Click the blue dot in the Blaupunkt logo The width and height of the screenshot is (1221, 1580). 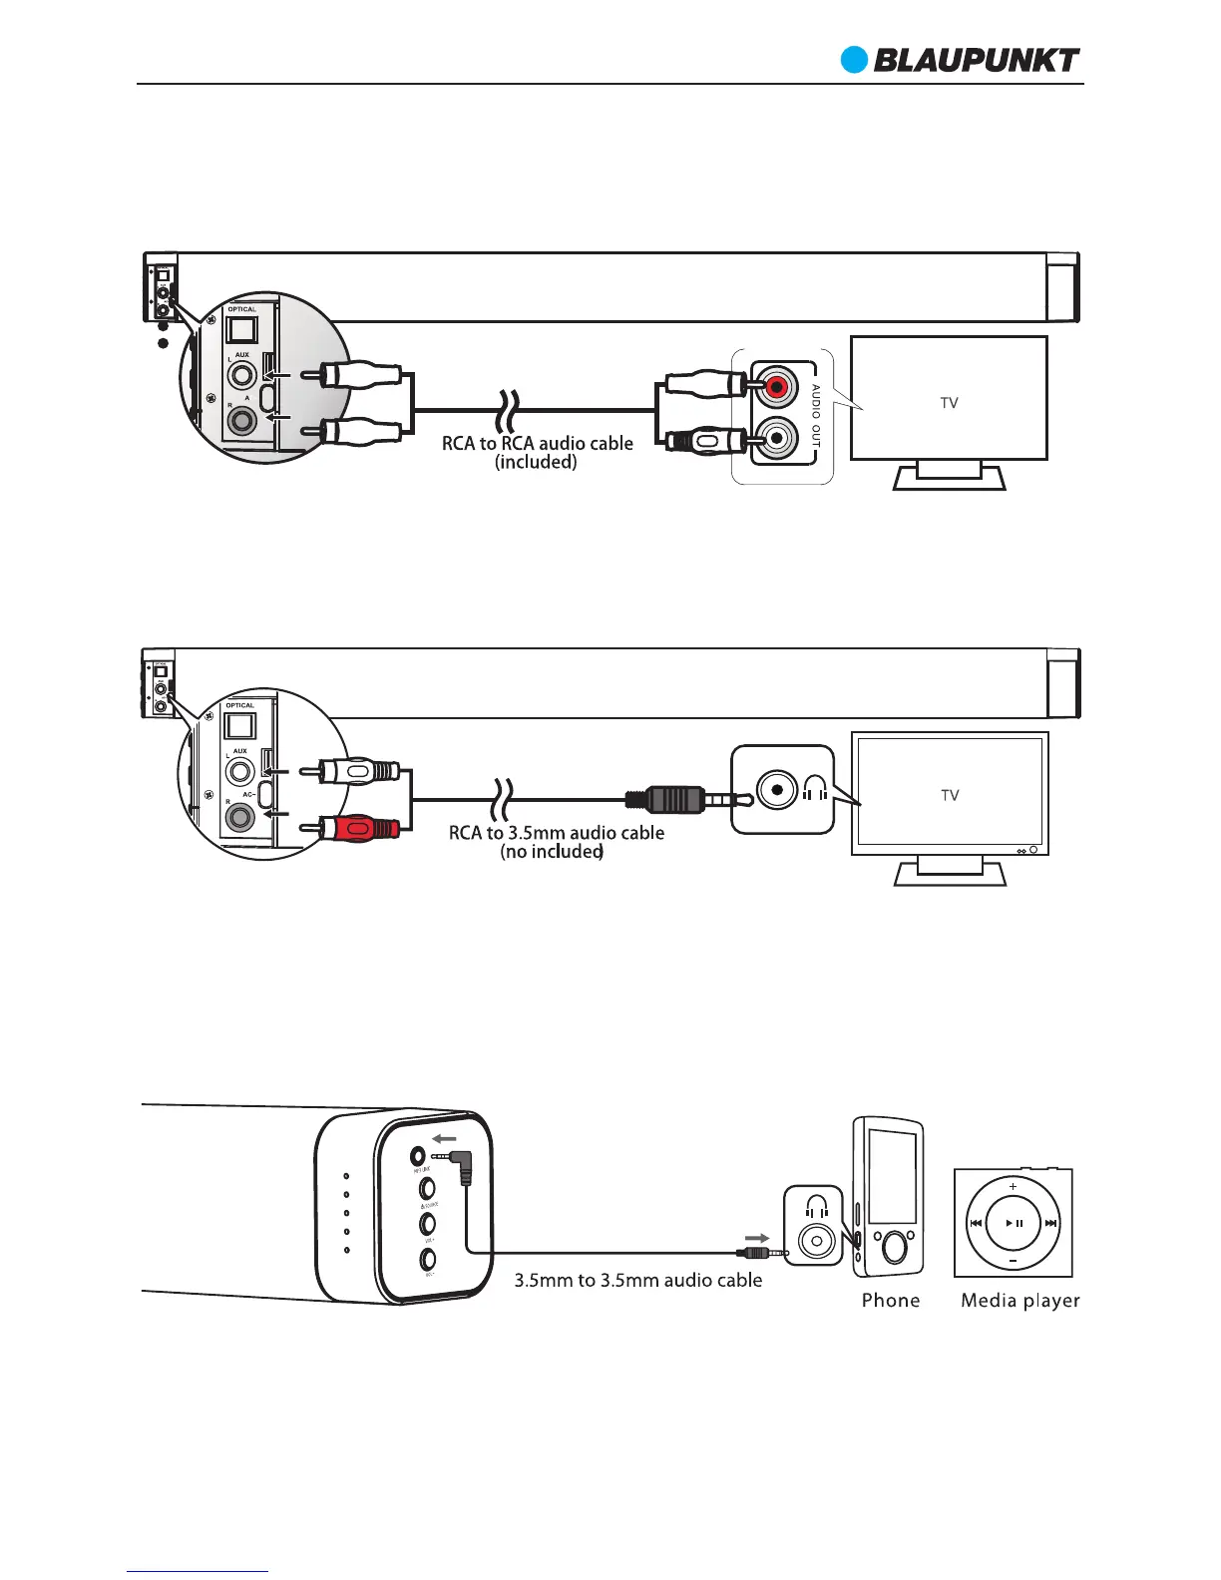coord(854,60)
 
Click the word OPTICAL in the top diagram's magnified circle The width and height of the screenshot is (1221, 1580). coord(242,310)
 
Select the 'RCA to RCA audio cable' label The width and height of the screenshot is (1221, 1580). coord(538,443)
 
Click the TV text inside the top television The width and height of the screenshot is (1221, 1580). coord(949,403)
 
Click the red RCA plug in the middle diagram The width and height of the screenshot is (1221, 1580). coord(359,827)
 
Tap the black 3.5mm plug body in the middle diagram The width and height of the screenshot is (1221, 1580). coord(666,799)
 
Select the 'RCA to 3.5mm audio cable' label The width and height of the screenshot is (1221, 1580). coord(556,832)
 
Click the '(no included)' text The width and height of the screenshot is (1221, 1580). coord(552,852)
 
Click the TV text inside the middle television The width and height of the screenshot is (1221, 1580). coord(949,795)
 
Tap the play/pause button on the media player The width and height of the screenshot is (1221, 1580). coord(1014,1223)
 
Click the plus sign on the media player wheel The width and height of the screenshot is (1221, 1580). coord(1014,1187)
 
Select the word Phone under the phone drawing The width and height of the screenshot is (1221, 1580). coord(890,1300)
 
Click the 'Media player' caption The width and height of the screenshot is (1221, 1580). coord(1019,1300)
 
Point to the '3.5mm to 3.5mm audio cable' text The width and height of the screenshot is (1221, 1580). coord(638,1280)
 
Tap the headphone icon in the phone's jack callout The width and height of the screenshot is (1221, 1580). coord(817,1206)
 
